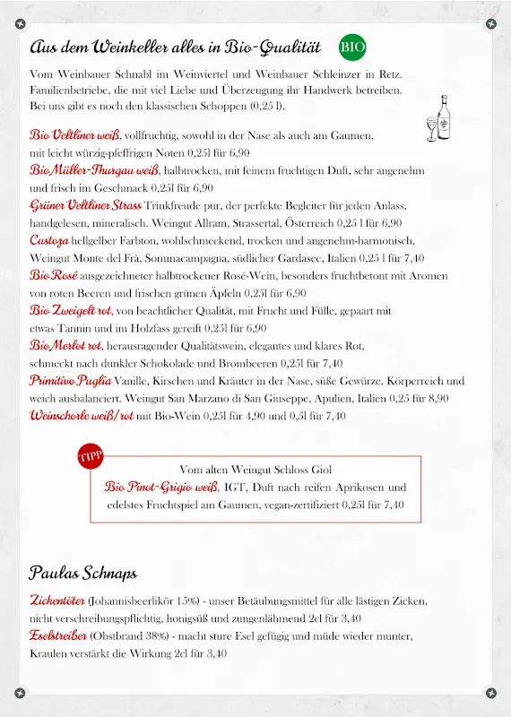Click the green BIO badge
click(353, 47)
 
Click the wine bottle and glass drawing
click(438, 118)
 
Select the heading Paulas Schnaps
click(82, 572)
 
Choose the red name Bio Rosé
click(53, 275)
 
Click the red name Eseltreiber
click(58, 635)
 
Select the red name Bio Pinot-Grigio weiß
click(161, 487)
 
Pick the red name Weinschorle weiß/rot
click(82, 415)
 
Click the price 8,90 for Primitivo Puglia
click(436, 398)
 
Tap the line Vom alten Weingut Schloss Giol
click(255, 469)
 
